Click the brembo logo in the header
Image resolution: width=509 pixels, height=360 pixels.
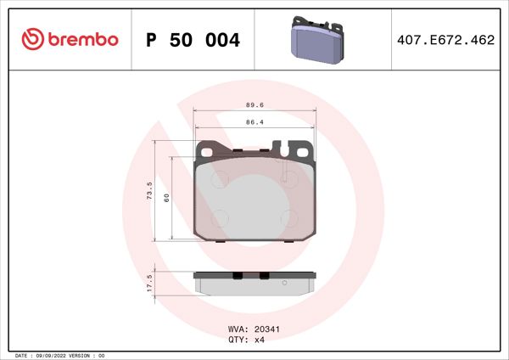[70, 39]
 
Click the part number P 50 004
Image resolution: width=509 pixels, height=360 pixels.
[193, 40]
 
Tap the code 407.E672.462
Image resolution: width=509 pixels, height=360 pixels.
[445, 40]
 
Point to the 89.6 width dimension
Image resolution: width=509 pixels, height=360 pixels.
[255, 105]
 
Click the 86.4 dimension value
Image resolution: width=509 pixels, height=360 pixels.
[255, 122]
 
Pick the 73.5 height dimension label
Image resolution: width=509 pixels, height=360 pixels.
[149, 189]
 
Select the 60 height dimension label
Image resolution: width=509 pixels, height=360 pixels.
[167, 197]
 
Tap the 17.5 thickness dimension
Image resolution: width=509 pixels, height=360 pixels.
[149, 283]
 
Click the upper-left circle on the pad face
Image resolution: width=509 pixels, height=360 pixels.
[218, 179]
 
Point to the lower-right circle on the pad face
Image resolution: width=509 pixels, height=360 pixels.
[288, 217]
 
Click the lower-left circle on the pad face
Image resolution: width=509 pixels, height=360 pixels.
[218, 217]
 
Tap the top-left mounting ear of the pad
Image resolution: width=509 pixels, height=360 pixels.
[204, 149]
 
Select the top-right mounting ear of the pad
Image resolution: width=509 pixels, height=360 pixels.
[304, 149]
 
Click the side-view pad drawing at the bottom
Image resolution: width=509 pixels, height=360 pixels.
[255, 282]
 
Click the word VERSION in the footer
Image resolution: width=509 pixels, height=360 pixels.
[86, 355]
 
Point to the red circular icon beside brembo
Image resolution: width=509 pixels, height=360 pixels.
[31, 39]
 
